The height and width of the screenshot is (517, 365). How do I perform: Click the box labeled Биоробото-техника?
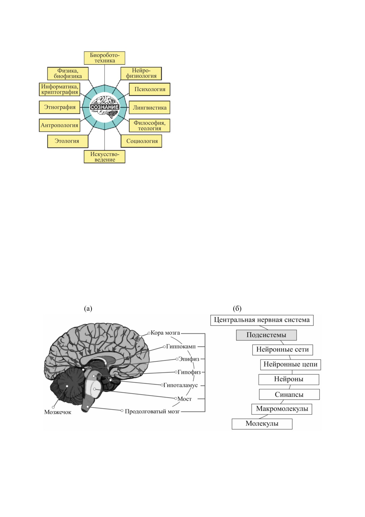(104, 58)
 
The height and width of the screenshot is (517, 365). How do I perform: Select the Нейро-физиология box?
(141, 73)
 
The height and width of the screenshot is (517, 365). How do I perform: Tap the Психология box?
(150, 89)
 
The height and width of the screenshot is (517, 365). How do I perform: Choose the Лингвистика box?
(150, 108)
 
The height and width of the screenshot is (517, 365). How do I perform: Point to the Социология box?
(142, 141)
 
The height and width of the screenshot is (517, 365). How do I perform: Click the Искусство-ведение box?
(104, 157)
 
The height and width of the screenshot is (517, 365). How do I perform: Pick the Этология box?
(68, 141)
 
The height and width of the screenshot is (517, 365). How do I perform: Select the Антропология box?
(60, 125)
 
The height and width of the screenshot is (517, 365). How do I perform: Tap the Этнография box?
(60, 107)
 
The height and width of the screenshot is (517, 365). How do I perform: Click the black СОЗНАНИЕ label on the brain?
(104, 107)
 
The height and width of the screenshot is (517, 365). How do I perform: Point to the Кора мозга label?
(165, 333)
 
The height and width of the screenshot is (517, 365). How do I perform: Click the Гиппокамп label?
(181, 346)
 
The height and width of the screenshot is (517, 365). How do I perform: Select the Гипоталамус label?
(180, 385)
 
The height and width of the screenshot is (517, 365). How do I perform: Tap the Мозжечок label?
(58, 412)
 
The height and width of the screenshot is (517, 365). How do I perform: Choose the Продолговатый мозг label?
(152, 411)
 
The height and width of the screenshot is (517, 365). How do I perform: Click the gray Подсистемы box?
(266, 335)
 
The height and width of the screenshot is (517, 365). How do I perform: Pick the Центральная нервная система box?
(262, 320)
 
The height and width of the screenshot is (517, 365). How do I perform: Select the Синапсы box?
(289, 394)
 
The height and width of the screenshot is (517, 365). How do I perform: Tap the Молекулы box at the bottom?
(262, 424)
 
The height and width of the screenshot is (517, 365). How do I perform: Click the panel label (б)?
(237, 309)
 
